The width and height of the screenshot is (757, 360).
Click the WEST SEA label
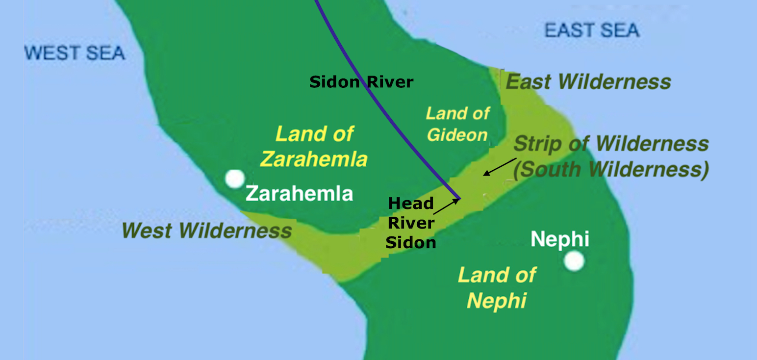pyautogui.click(x=75, y=53)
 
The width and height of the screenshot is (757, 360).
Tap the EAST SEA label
pyautogui.click(x=592, y=30)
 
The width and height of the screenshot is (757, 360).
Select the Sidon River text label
pyautogui.click(x=361, y=82)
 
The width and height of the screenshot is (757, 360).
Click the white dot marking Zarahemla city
pyautogui.click(x=235, y=179)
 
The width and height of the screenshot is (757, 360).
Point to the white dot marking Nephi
pyautogui.click(x=574, y=260)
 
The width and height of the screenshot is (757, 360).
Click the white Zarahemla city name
pyautogui.click(x=299, y=194)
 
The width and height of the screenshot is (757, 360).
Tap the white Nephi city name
pyautogui.click(x=559, y=239)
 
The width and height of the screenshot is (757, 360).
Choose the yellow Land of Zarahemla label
pyautogui.click(x=314, y=146)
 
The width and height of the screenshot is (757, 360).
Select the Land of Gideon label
pyautogui.click(x=457, y=124)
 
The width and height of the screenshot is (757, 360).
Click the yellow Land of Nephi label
pyautogui.click(x=497, y=287)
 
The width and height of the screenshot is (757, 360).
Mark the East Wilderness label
pyautogui.click(x=588, y=81)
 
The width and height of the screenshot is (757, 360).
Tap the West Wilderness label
pyautogui.click(x=206, y=230)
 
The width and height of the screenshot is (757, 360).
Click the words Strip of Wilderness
pyautogui.click(x=610, y=144)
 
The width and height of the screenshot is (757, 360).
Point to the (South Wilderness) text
pyautogui.click(x=610, y=169)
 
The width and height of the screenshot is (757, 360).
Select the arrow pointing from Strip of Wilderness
pyautogui.click(x=500, y=166)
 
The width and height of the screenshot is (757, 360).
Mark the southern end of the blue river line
pyautogui.click(x=458, y=198)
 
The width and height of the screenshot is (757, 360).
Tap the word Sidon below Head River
pyautogui.click(x=411, y=242)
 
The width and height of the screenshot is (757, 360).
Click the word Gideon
pyautogui.click(x=457, y=134)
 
